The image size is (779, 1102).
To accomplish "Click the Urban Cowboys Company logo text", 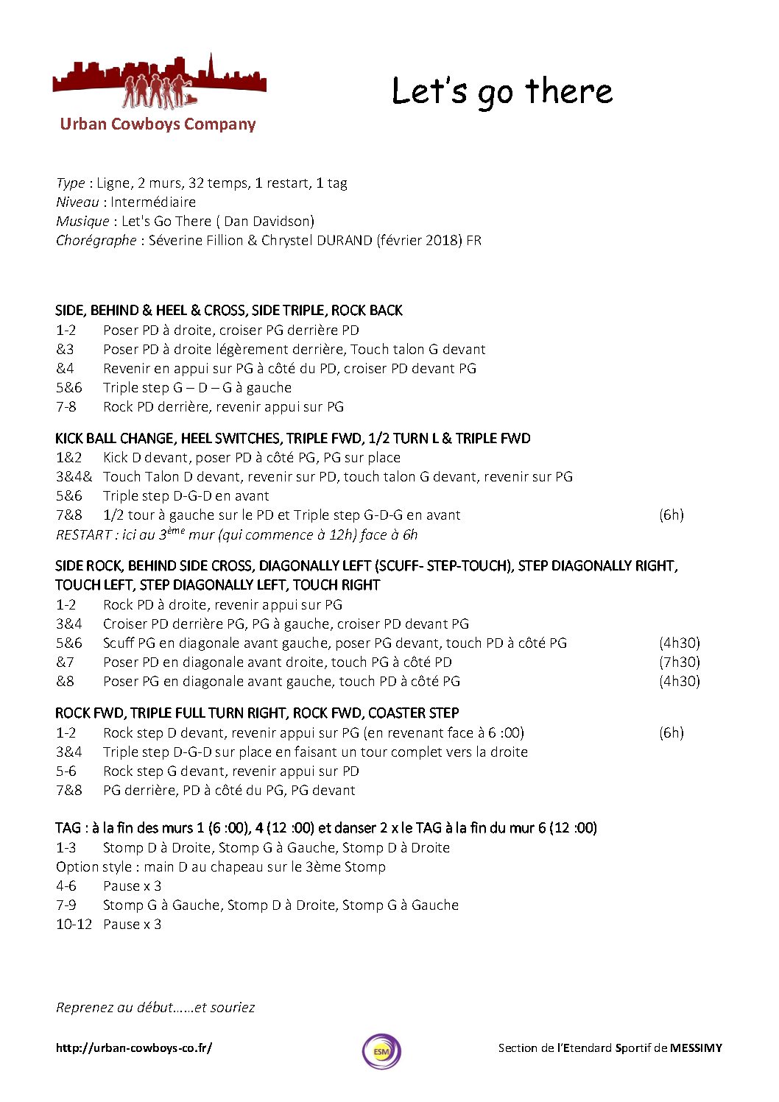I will (x=158, y=124).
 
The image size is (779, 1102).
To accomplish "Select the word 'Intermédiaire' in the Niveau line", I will (x=153, y=202).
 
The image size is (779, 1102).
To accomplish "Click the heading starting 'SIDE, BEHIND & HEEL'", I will (x=228, y=310).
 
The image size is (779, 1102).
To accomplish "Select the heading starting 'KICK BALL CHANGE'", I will (x=292, y=438).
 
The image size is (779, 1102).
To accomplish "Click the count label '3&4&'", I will (x=74, y=476).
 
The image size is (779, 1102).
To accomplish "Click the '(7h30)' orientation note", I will (x=679, y=662).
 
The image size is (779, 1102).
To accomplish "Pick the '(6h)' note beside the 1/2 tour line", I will (x=671, y=515).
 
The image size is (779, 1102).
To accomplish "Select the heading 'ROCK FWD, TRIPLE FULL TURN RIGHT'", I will (x=256, y=713).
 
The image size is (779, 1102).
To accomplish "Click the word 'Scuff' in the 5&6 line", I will (x=119, y=643).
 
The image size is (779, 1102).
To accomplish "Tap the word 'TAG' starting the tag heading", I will (x=68, y=827).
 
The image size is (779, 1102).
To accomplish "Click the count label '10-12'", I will (x=74, y=924).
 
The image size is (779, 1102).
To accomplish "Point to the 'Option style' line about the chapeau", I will (x=220, y=866).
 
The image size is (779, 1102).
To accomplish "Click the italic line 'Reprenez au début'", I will (x=155, y=1007).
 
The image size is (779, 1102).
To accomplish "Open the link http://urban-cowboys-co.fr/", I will (x=133, y=1048).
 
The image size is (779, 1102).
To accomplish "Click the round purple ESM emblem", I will (x=381, y=1051).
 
